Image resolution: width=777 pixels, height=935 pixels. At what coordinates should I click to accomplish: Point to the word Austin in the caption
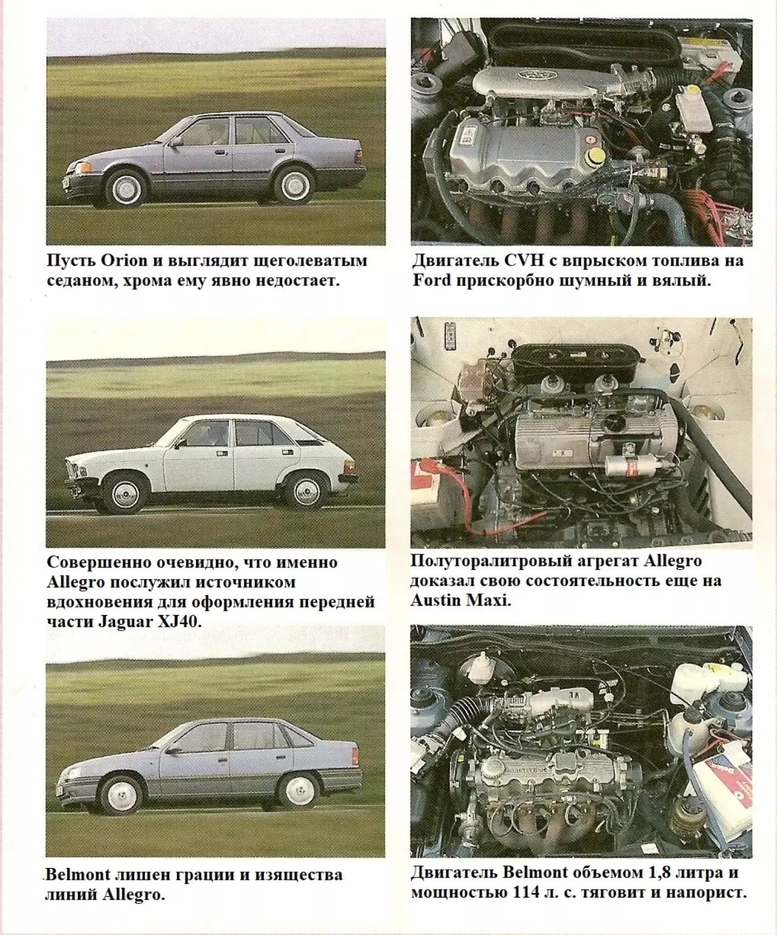click(x=436, y=601)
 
